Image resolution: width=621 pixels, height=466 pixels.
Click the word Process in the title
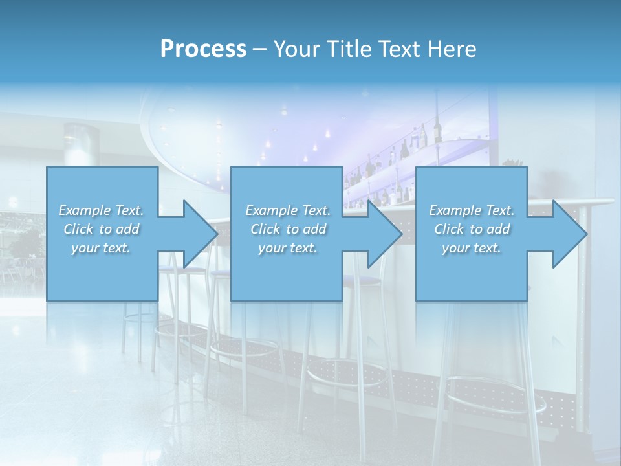[x=203, y=49]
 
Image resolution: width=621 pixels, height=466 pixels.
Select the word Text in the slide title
[x=400, y=49]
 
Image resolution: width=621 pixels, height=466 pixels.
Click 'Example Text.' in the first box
[x=101, y=210]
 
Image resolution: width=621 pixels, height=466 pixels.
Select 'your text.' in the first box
[x=101, y=248]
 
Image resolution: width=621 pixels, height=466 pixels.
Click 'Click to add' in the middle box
[x=288, y=229]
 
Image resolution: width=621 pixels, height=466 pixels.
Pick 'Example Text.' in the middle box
[x=288, y=210]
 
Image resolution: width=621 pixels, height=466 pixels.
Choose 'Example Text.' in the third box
[x=472, y=210]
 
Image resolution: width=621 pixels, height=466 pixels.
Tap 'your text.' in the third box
[x=472, y=248]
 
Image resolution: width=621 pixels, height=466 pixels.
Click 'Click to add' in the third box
[x=472, y=229]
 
